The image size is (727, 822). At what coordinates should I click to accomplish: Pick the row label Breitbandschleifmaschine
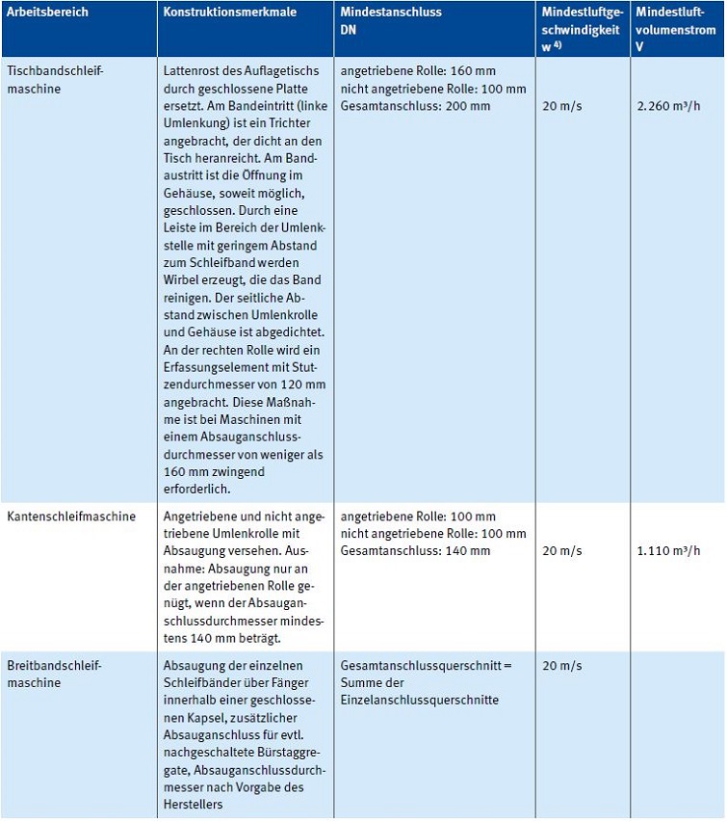(53, 674)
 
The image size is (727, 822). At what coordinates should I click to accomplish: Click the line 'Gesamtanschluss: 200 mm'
(415, 106)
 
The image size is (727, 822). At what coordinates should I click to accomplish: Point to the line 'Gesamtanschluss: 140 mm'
(415, 551)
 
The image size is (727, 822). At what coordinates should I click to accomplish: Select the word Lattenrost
(193, 71)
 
